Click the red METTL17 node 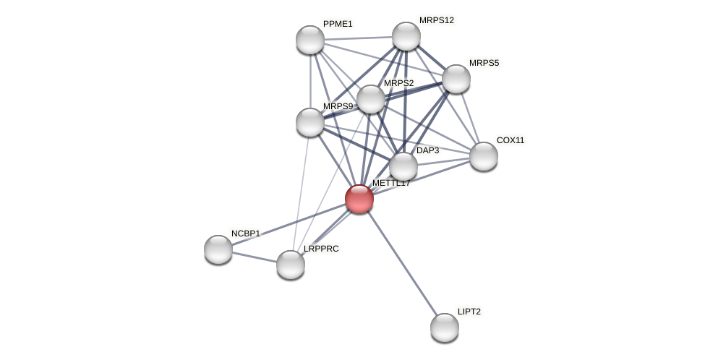359,199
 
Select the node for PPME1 310,40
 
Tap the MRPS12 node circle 406,36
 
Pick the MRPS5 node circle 456,79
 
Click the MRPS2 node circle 371,99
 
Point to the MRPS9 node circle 310,122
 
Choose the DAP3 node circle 403,166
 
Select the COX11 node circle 484,156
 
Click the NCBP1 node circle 218,249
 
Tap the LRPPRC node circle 291,265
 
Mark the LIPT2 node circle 445,327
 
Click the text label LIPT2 469,312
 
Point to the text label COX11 510,140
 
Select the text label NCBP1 246,233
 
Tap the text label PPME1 338,24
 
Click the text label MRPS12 437,20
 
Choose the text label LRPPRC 321,249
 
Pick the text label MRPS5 484,63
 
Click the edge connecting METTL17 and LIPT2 402,263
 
